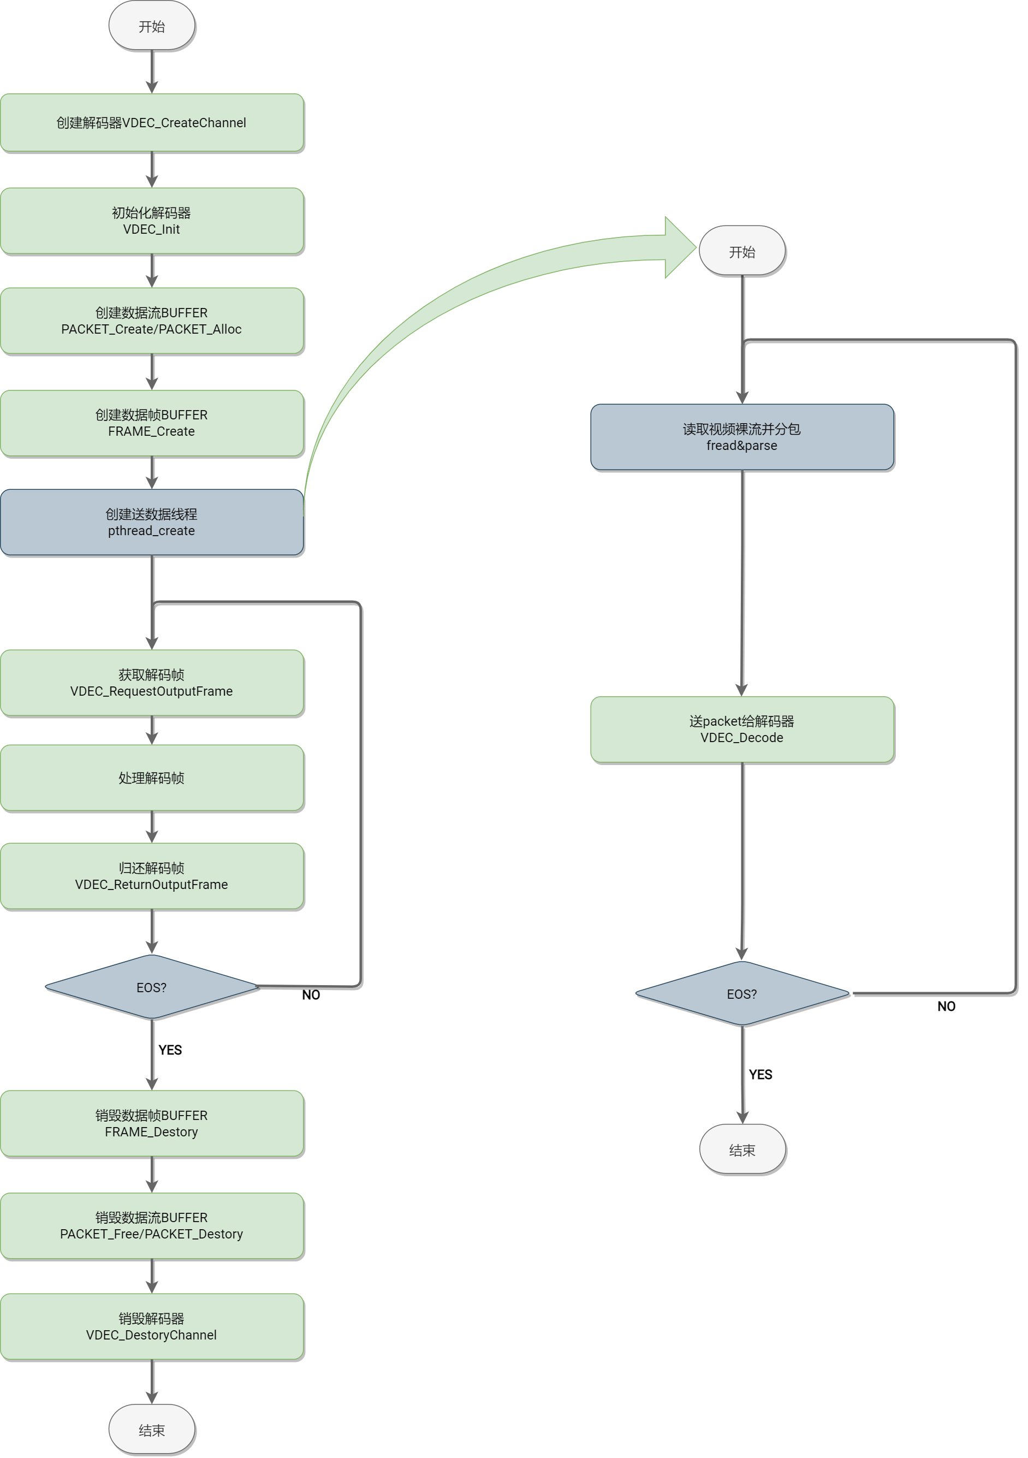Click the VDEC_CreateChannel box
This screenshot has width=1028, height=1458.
pyautogui.click(x=152, y=122)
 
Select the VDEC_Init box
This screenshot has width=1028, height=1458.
pyautogui.click(x=152, y=221)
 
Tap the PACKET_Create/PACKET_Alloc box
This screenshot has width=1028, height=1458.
pyautogui.click(x=152, y=321)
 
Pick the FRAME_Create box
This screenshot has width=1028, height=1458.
pyautogui.click(x=152, y=423)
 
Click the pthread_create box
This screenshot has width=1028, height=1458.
pyautogui.click(x=152, y=522)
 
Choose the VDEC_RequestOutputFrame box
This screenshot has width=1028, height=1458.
pyautogui.click(x=152, y=683)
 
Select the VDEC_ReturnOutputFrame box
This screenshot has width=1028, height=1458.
pyautogui.click(x=152, y=876)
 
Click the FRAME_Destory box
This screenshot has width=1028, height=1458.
pyautogui.click(x=152, y=1123)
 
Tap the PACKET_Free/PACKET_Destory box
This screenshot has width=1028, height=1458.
pyautogui.click(x=152, y=1225)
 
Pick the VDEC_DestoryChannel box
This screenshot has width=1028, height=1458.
pyautogui.click(x=152, y=1326)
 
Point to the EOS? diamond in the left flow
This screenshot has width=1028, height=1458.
pyautogui.click(x=152, y=987)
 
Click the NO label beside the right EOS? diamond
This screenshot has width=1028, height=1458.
pyautogui.click(x=946, y=1006)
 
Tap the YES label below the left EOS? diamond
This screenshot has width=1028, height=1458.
pyautogui.click(x=170, y=1050)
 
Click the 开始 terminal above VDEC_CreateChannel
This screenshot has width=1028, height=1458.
pyautogui.click(x=152, y=26)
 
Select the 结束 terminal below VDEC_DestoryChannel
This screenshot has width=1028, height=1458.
pyautogui.click(x=152, y=1430)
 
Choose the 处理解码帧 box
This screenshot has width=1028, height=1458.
pyautogui.click(x=152, y=778)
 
